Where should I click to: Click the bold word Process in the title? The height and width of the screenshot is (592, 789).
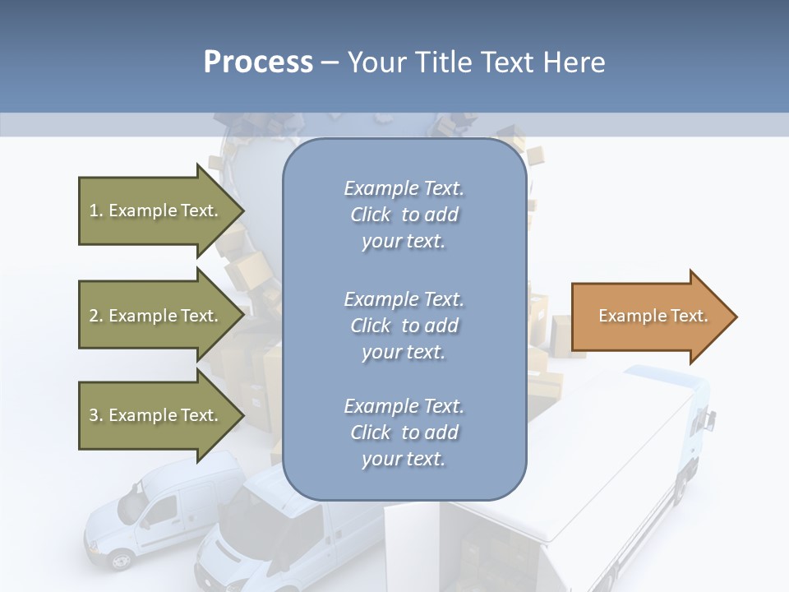point(258,62)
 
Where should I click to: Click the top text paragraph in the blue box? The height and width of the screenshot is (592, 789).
point(404,215)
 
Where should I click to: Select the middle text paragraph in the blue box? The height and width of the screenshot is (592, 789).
point(404,326)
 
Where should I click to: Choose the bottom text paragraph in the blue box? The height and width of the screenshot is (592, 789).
point(404,432)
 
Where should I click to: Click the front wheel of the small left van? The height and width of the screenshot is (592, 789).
point(121,560)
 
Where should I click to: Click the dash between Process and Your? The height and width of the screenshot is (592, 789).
point(330,62)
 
